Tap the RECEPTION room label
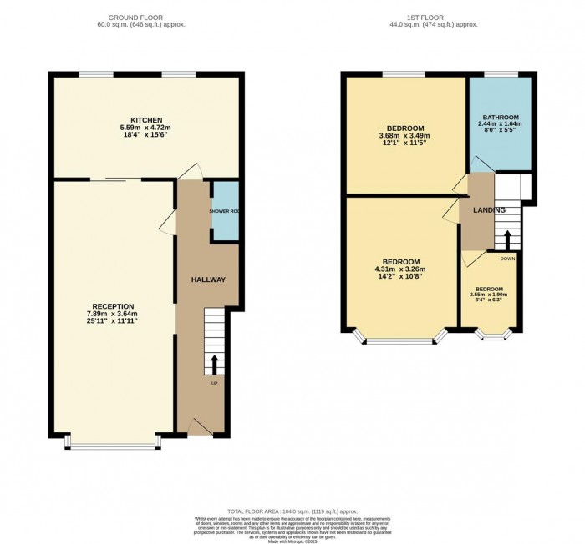click(x=112, y=305)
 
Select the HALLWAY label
click(x=208, y=280)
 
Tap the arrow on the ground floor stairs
click(x=214, y=365)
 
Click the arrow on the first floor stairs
click(x=506, y=239)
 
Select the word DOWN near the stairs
click(x=507, y=259)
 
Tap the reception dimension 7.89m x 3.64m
click(x=112, y=314)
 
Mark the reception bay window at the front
click(x=112, y=445)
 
